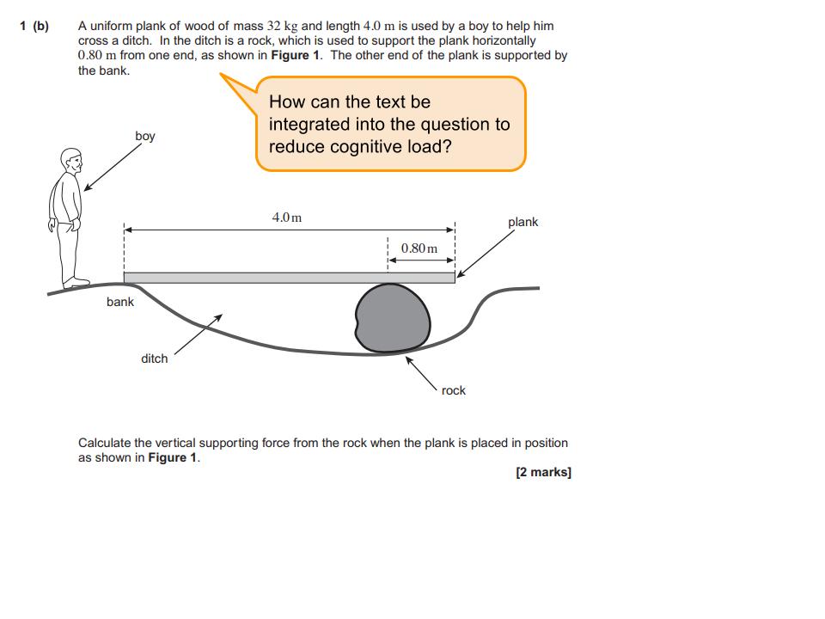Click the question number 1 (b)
click(x=34, y=26)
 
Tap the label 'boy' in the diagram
click(x=145, y=136)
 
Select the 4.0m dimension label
click(x=287, y=218)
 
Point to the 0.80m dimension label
click(x=419, y=248)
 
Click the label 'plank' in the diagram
click(x=522, y=222)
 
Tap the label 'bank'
click(x=120, y=302)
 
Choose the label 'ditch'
click(x=155, y=359)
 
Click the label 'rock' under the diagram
click(x=453, y=390)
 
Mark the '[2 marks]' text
click(x=543, y=472)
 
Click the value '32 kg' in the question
click(x=282, y=26)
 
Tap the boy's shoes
click(x=76, y=281)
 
